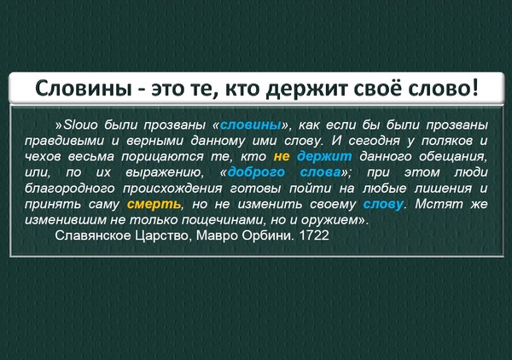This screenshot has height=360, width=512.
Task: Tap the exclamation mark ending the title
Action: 474,87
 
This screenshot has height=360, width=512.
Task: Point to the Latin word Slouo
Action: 80,125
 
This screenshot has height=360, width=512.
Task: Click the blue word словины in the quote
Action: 251,125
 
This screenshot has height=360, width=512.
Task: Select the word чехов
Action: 43,157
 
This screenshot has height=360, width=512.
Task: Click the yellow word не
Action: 282,157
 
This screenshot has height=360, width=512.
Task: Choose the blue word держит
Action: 324,157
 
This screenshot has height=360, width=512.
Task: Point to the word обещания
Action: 453,157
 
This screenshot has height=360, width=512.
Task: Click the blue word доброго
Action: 256,172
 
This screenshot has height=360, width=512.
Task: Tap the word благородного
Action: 70,189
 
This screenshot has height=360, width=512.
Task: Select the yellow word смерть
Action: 154,205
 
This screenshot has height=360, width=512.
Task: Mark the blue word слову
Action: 383,205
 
